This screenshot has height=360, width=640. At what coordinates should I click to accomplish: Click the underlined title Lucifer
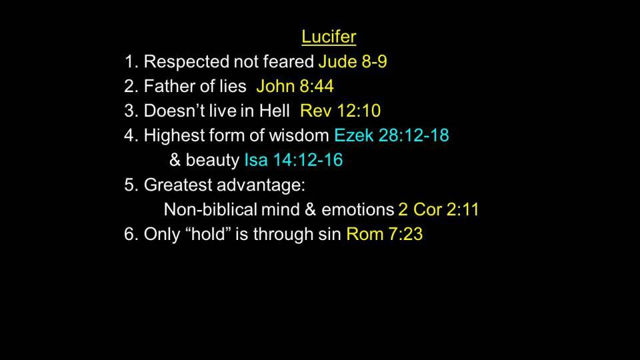[x=329, y=37]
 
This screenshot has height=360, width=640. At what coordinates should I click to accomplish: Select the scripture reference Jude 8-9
[x=353, y=61]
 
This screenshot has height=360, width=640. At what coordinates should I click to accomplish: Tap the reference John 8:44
[x=295, y=86]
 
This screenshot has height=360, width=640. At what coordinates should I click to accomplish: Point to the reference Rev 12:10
[x=341, y=111]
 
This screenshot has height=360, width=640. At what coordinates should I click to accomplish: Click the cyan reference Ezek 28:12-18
[x=391, y=135]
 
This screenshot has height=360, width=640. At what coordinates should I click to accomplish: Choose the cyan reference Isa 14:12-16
[x=293, y=159]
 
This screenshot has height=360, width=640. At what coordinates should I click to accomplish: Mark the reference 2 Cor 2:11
[x=439, y=209]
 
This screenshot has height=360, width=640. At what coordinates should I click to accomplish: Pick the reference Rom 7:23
[x=385, y=234]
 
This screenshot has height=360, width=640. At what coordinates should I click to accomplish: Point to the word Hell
[x=275, y=111]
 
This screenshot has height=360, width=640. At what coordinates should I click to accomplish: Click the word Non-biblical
[x=210, y=209]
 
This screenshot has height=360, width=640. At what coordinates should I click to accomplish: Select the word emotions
[x=357, y=210]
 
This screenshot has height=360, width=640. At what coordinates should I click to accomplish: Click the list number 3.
[x=131, y=111]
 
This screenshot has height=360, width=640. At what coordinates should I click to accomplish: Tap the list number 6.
[x=131, y=234]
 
